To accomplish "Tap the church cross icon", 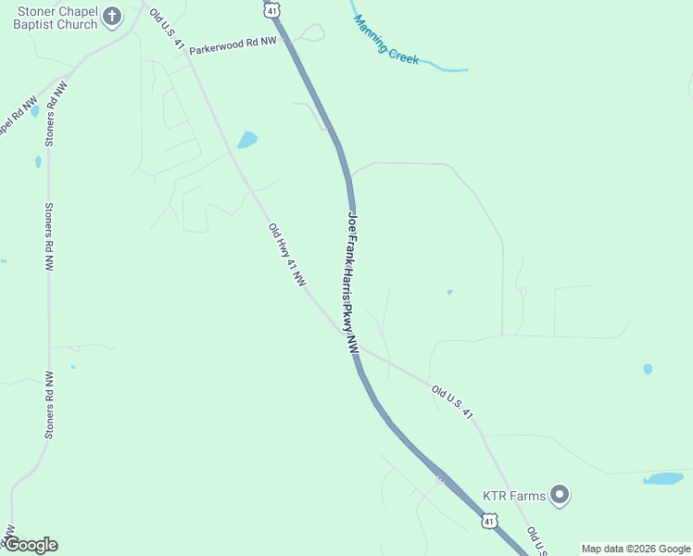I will coord(112,16).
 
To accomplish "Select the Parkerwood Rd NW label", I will coord(233,45).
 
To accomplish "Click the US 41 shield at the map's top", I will coord(270,9).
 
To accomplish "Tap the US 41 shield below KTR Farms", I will coord(488,521).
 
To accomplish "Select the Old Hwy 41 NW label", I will coord(286,255).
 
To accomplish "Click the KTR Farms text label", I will coord(513,495).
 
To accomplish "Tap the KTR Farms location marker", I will coord(559,495).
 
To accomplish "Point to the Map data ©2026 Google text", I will coord(636,549).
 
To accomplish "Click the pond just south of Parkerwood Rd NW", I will coord(247,140).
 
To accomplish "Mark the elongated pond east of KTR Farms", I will coord(662,478).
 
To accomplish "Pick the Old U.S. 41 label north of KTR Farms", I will coord(452,402).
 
